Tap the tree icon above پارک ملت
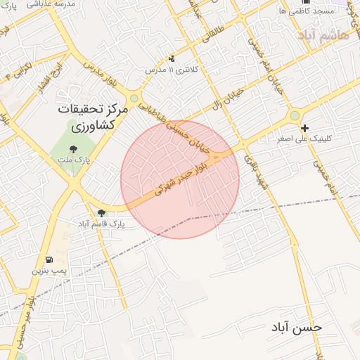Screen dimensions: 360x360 point(74,148)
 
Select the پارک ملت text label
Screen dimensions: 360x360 point(75,160)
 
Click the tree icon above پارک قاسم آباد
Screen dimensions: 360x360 point(101,212)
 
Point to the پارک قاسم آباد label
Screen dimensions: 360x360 point(101,224)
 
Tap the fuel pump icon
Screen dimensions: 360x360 point(49,259)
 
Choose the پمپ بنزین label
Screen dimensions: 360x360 point(49,270)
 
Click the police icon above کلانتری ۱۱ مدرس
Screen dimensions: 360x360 point(172,59)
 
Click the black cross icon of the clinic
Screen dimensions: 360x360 point(304,128)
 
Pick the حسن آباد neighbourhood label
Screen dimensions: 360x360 point(298,328)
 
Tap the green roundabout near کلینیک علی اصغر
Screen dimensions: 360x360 point(295,115)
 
